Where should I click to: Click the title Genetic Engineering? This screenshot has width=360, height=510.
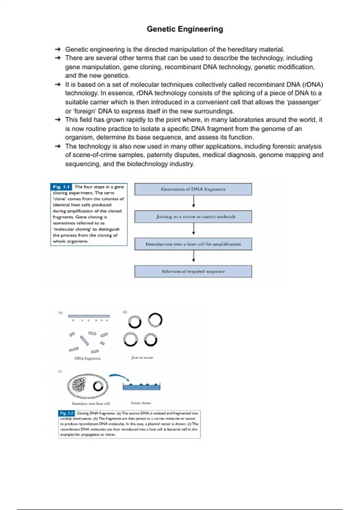coord(185,29)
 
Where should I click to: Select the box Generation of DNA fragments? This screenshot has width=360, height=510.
coord(193,189)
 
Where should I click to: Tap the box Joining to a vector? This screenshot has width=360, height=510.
coord(193,217)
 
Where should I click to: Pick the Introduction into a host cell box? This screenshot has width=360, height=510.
coord(193,244)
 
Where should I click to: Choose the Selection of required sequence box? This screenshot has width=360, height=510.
coord(193,271)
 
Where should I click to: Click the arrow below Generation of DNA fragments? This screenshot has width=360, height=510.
coord(193,202)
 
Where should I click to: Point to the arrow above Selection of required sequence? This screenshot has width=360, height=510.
coord(193,256)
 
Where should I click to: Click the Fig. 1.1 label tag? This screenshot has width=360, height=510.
coord(61,187)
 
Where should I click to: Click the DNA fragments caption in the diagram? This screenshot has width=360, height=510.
coord(87,358)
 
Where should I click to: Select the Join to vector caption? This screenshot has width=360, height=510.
coord(142,358)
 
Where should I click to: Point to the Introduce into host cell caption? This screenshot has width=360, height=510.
coord(91,403)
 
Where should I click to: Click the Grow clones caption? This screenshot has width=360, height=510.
coord(141,403)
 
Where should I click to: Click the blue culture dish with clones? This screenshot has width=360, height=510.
coord(142,387)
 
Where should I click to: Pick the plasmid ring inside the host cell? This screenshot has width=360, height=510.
coord(98,386)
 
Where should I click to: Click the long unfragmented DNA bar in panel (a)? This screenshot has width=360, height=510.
coord(89,316)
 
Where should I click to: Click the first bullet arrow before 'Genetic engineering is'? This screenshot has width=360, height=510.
coord(58,49)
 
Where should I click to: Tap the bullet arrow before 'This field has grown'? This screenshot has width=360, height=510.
coord(58,120)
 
